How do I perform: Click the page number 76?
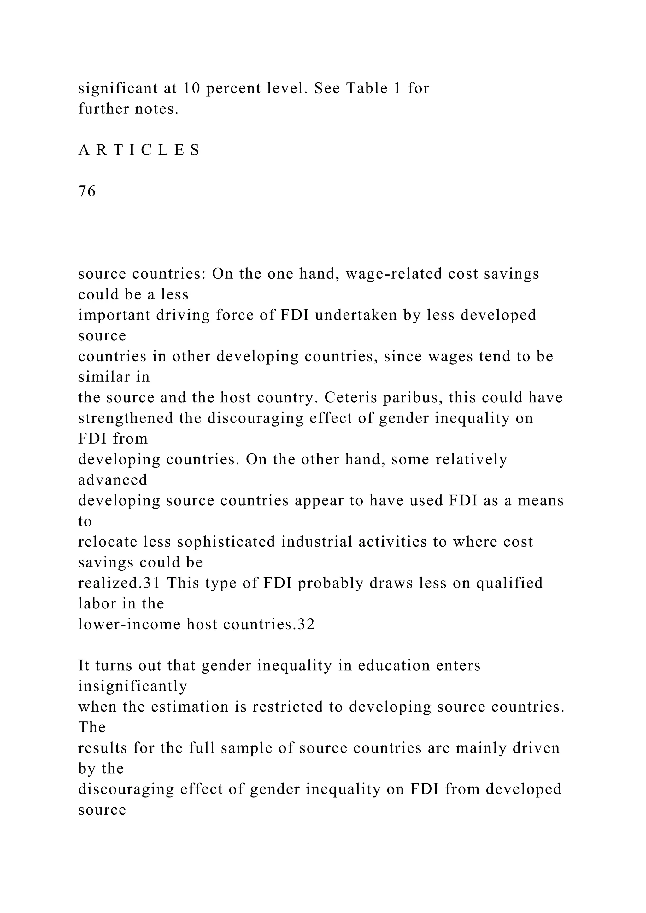[87, 191]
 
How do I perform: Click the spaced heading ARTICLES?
[139, 150]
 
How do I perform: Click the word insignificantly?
[132, 686]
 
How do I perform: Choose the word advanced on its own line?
[113, 480]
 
